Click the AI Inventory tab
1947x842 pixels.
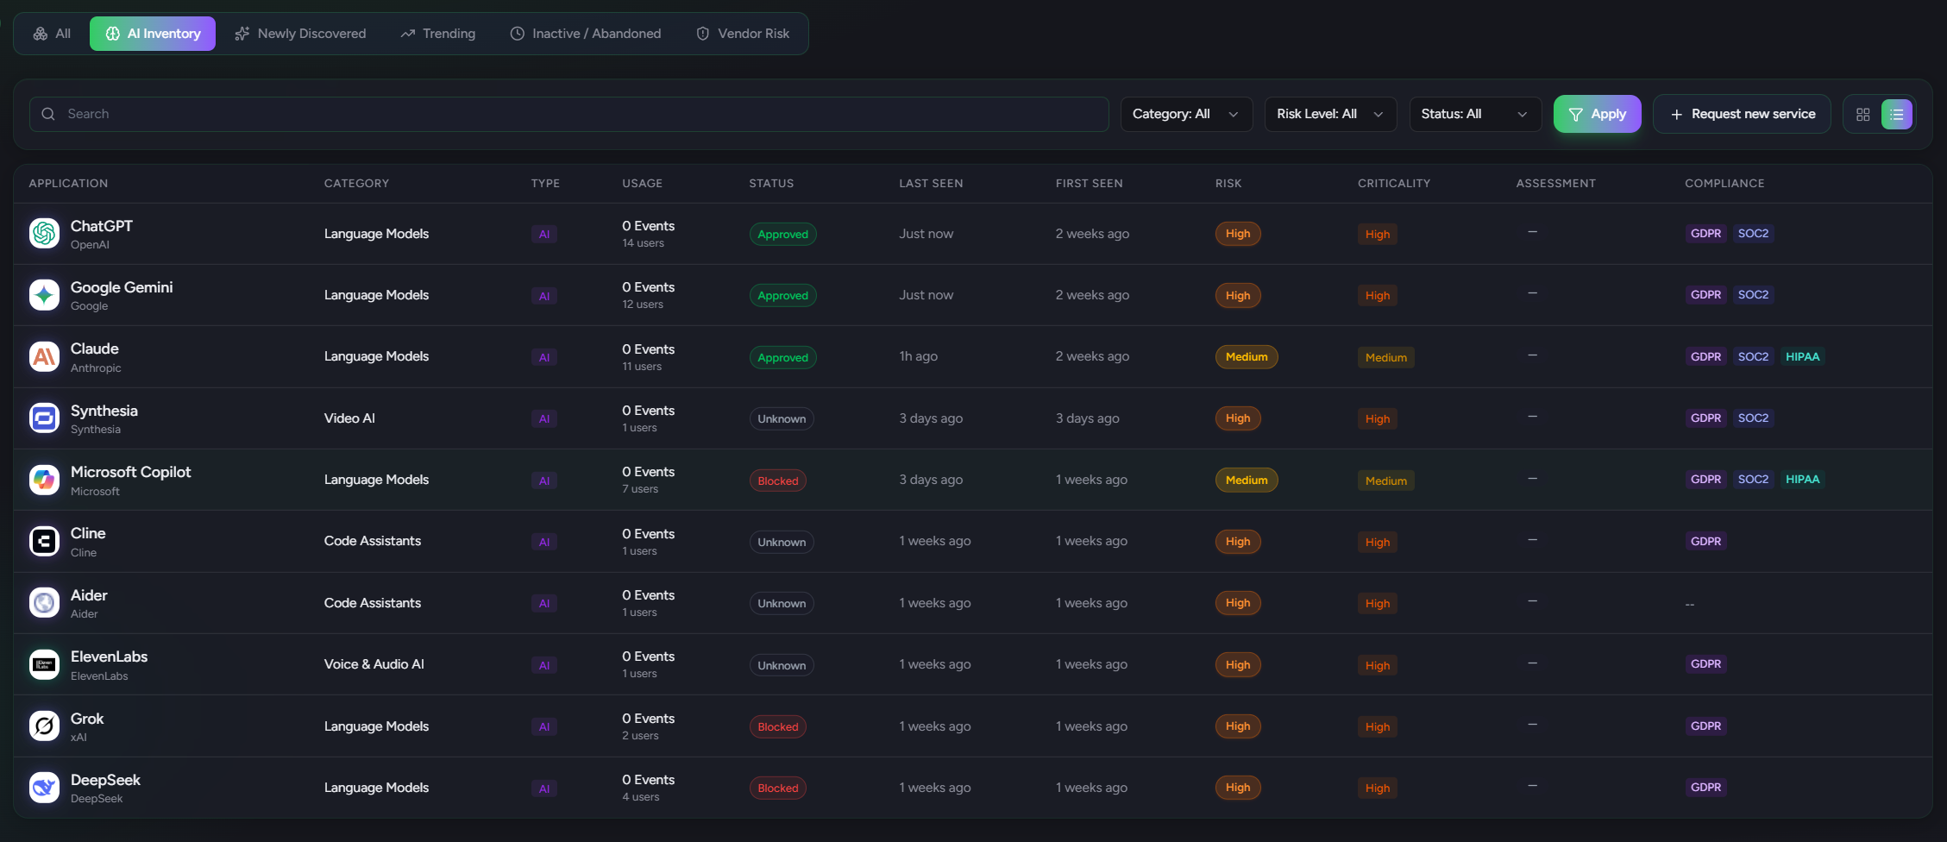pyautogui.click(x=153, y=34)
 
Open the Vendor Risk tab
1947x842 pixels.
pyautogui.click(x=743, y=34)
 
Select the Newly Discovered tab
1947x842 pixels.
pyautogui.click(x=300, y=34)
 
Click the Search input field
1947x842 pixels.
pyautogui.click(x=569, y=114)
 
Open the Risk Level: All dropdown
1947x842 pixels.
pyautogui.click(x=1329, y=114)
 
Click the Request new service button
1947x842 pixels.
pyautogui.click(x=1742, y=114)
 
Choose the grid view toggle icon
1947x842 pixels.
pyautogui.click(x=1862, y=115)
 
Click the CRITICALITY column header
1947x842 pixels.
pyautogui.click(x=1393, y=183)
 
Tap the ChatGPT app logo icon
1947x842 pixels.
pyautogui.click(x=44, y=233)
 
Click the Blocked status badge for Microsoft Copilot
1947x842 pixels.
pyautogui.click(x=777, y=481)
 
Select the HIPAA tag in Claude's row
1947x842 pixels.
pyautogui.click(x=1801, y=356)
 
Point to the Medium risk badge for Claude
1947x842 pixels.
pyautogui.click(x=1246, y=356)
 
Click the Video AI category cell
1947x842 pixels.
pyautogui.click(x=349, y=418)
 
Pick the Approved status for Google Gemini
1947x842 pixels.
pyautogui.click(x=782, y=295)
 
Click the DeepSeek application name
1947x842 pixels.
pyautogui.click(x=105, y=780)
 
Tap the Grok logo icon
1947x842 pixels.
pyautogui.click(x=44, y=726)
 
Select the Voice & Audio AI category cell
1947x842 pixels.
pyautogui.click(x=374, y=664)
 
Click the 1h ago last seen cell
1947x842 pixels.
pyautogui.click(x=918, y=356)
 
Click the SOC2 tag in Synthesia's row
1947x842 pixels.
pyautogui.click(x=1752, y=418)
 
